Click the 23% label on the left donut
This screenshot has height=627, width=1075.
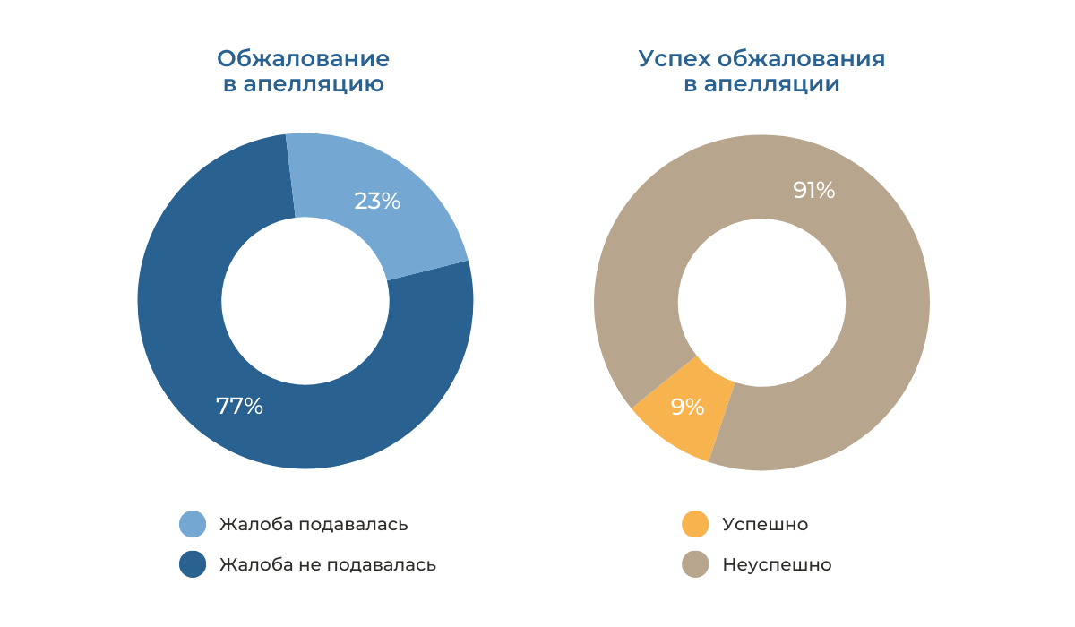click(x=377, y=201)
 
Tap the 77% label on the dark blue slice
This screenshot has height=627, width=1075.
click(x=239, y=406)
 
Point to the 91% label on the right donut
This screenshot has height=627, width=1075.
click(x=813, y=190)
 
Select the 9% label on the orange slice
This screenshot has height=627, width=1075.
click(x=687, y=408)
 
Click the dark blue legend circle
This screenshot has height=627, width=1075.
click(x=193, y=565)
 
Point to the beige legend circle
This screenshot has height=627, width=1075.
click(x=695, y=565)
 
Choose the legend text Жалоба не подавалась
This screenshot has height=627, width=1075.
click(x=328, y=565)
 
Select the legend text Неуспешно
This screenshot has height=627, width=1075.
click(x=777, y=565)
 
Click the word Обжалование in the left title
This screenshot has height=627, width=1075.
click(x=303, y=59)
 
